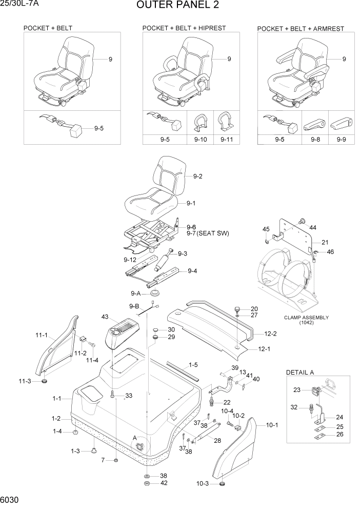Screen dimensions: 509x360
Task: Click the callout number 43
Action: point(106,317)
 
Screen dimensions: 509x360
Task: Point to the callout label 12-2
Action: point(270,334)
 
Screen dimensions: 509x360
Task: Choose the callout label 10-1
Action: point(272,425)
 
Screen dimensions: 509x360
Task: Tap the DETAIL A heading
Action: point(299,372)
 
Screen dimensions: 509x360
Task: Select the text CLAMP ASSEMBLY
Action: point(306,318)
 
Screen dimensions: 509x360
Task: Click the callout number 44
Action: point(313,227)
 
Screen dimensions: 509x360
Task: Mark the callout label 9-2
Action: point(198,177)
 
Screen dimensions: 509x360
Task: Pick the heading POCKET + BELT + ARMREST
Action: point(301,29)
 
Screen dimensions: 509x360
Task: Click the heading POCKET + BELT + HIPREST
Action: point(184,28)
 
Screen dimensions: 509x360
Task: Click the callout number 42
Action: point(164,483)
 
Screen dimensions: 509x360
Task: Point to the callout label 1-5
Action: point(193,365)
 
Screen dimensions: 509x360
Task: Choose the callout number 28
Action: point(217,441)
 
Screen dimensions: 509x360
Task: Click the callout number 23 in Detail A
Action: point(297,390)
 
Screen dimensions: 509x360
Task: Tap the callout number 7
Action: point(103,460)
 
